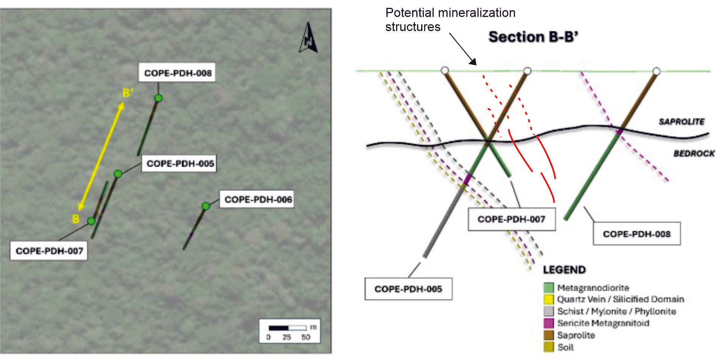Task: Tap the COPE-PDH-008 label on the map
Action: tap(178, 73)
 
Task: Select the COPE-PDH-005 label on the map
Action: tap(180, 164)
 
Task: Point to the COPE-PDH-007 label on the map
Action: tap(50, 251)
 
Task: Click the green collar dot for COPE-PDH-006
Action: tap(206, 206)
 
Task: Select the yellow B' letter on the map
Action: tap(128, 93)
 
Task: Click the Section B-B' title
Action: tap(533, 37)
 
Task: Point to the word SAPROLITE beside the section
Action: tap(681, 122)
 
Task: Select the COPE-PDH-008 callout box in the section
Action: tap(636, 234)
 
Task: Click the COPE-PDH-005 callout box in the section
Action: tap(408, 289)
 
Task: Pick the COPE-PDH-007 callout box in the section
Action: tap(511, 219)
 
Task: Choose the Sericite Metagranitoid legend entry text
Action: tap(603, 323)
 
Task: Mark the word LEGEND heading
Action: tap(564, 270)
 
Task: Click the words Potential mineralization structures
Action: tap(450, 20)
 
